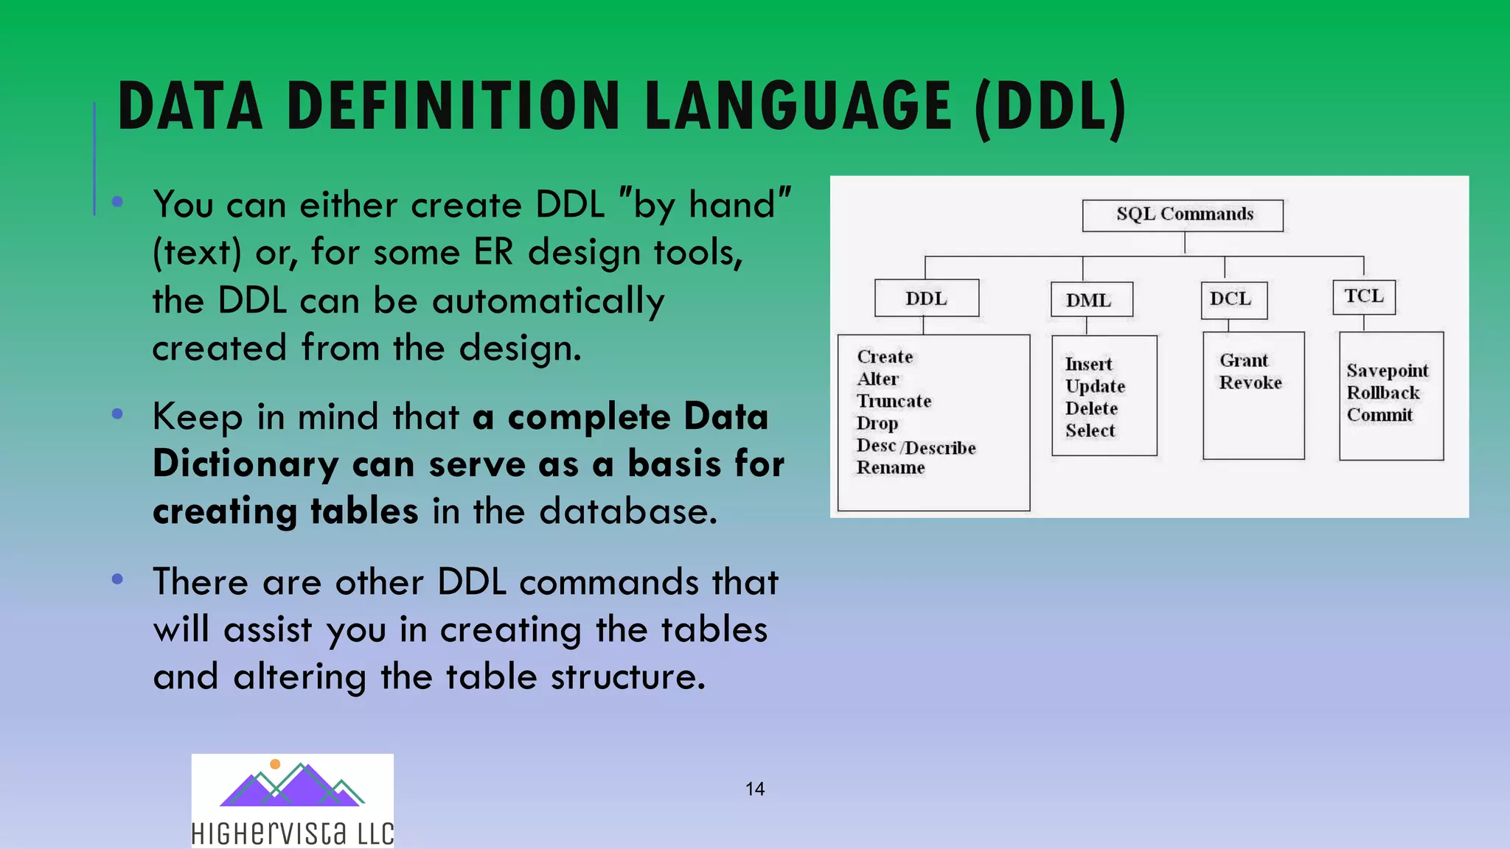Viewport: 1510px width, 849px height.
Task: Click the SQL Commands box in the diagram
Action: click(1183, 215)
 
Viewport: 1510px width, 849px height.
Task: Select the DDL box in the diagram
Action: click(927, 298)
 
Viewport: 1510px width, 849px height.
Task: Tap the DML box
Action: click(1090, 300)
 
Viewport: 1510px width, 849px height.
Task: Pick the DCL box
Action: click(1233, 299)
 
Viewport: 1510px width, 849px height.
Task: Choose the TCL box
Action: click(1363, 296)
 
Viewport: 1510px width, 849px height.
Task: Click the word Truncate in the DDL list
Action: click(894, 401)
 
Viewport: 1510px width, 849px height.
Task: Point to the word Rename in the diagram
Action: click(890, 468)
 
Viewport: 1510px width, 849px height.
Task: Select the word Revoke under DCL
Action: click(1250, 382)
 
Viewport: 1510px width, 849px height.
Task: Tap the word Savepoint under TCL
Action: click(1387, 371)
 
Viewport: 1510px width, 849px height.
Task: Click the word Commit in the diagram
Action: click(1379, 415)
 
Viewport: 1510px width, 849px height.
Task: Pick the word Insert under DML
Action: click(1088, 364)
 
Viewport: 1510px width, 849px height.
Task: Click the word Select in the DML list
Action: click(1090, 430)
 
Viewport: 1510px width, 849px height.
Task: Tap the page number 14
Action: click(754, 789)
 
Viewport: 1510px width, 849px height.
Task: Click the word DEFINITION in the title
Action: click(453, 108)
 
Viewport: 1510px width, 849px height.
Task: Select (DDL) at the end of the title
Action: click(1050, 109)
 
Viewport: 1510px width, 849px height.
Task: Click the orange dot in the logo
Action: click(275, 764)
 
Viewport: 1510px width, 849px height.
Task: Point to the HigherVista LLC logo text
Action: click(292, 834)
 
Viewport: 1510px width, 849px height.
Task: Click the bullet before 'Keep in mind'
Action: click(117, 414)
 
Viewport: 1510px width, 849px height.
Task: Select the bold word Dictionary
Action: click(246, 465)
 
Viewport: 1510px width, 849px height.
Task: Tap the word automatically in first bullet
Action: click(548, 301)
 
